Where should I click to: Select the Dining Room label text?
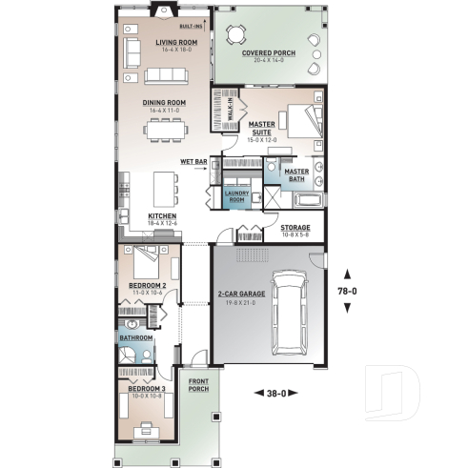coord(164,103)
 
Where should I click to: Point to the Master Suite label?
coord(262,126)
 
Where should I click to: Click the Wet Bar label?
coord(193,162)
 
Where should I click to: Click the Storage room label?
coord(295,227)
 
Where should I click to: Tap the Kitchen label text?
coord(162,217)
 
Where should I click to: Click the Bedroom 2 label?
coord(150,285)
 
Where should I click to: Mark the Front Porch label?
coord(198,386)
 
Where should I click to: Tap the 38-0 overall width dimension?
coord(277,392)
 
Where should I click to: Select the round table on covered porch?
coord(234,35)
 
